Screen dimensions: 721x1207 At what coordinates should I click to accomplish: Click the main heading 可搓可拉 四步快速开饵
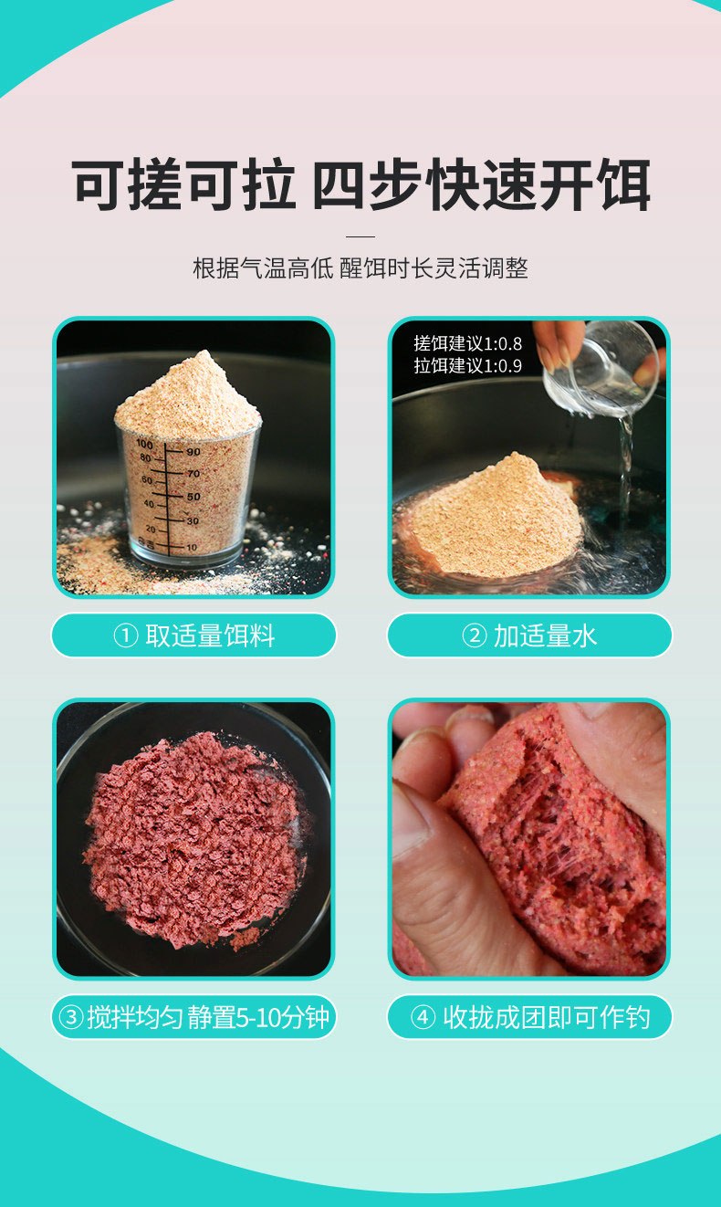[360, 184]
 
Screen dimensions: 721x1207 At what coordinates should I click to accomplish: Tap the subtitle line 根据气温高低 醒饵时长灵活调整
[360, 268]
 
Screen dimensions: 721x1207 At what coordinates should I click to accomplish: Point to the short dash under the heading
[360, 236]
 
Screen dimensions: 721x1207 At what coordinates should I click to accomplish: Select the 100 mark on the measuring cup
[144, 444]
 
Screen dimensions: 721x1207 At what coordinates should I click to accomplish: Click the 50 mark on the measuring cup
[193, 497]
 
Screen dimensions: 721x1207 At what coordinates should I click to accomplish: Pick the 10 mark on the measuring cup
[192, 547]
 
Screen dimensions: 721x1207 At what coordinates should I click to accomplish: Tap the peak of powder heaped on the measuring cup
[204, 353]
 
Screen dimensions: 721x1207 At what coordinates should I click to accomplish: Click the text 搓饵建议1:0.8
[467, 343]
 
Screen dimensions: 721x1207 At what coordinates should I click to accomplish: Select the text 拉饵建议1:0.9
[467, 365]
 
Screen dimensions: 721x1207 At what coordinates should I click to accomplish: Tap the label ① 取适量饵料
[193, 635]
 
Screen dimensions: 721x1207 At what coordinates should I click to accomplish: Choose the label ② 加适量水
[529, 635]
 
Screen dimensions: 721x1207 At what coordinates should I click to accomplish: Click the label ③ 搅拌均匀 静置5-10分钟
[193, 1017]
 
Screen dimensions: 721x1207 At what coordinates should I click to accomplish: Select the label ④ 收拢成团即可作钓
[529, 1017]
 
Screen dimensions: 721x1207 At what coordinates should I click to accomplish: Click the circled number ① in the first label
[126, 635]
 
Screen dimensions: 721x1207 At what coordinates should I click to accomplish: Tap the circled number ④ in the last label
[423, 1017]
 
